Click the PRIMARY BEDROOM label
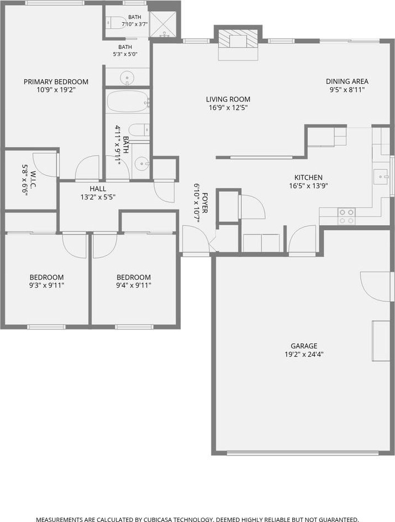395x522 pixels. point(56,82)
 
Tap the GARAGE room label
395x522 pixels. point(304,346)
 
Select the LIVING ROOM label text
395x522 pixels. point(228,99)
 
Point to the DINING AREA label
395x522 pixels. point(347,81)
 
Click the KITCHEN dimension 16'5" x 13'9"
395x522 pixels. point(309,186)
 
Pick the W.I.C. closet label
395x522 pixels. point(33,180)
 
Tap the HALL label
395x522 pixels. point(98,189)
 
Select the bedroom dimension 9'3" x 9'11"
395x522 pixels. point(47,285)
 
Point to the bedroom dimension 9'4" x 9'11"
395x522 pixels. point(134,285)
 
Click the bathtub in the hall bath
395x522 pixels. point(128,101)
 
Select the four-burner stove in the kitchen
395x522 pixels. point(346,216)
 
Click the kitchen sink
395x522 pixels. point(381,176)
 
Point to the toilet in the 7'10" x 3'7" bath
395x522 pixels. point(115,23)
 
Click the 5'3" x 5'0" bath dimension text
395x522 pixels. point(125,54)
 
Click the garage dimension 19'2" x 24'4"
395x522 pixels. point(304,354)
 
